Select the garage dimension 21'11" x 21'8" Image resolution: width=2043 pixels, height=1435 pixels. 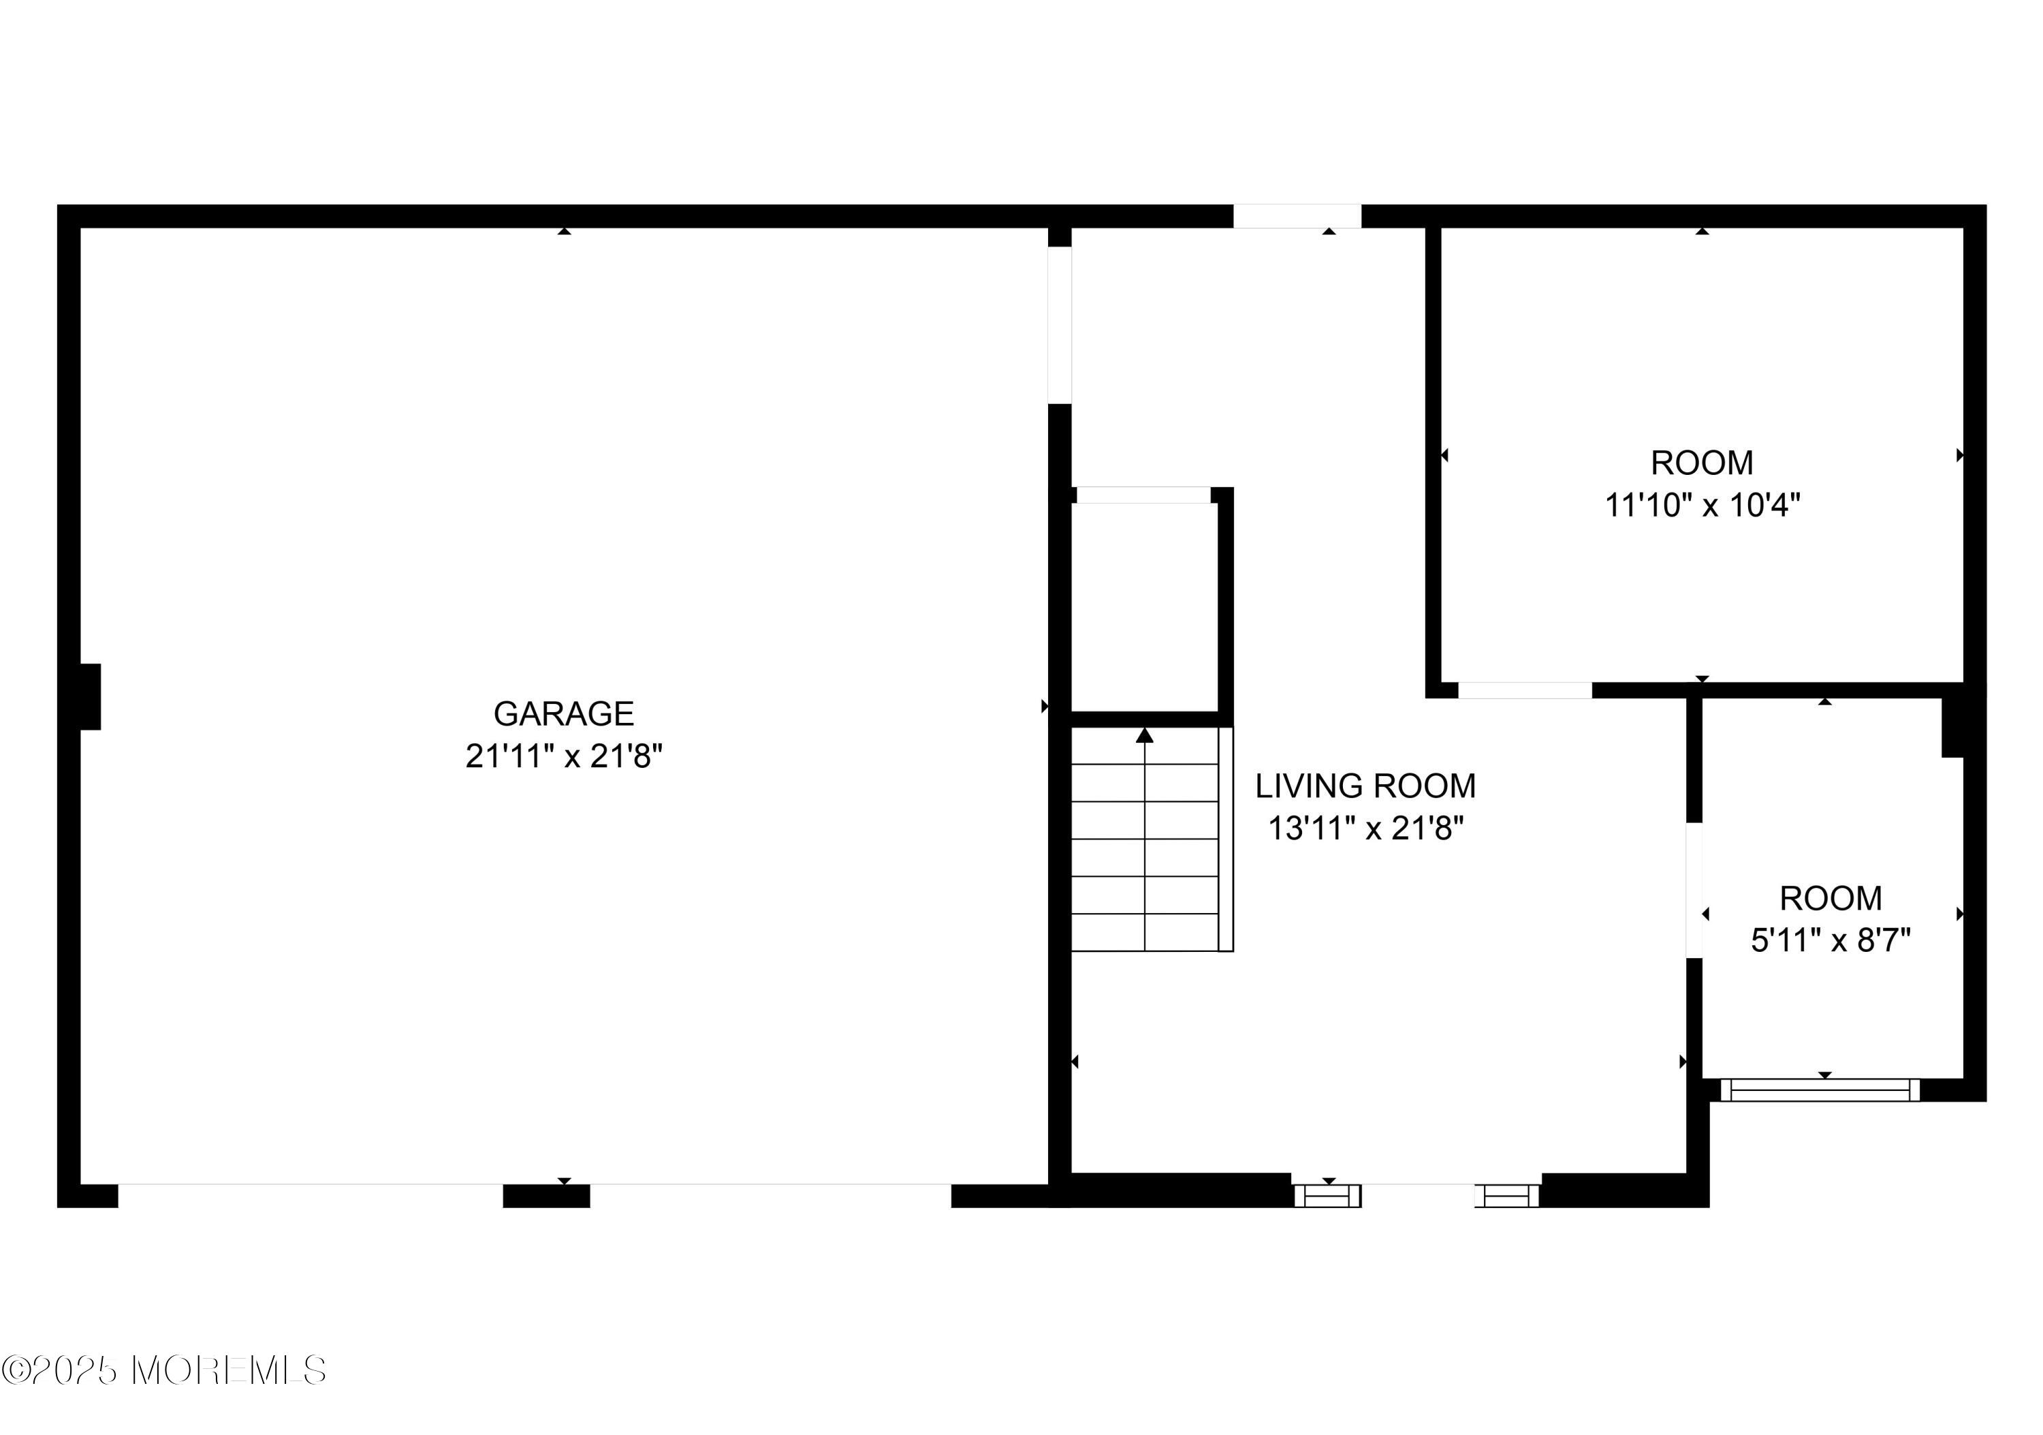click(564, 756)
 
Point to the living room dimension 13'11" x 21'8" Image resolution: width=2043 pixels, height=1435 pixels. click(1366, 829)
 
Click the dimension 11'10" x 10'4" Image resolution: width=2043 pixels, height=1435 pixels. click(1703, 506)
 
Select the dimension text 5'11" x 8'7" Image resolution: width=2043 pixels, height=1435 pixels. click(1831, 940)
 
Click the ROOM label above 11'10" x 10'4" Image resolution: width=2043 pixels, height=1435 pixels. click(1703, 463)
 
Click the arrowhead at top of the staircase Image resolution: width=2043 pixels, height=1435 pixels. click(1144, 735)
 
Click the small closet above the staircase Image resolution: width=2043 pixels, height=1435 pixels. click(1144, 607)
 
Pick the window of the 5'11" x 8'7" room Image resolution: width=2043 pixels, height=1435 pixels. click(1820, 1090)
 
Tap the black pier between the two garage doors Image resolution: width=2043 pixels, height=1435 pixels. click(546, 1196)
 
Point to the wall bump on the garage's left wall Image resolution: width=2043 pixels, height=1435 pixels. click(90, 696)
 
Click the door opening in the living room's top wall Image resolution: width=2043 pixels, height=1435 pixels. click(1297, 216)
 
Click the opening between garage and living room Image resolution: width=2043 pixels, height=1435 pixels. click(1060, 325)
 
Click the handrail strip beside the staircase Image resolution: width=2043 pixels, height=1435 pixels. click(1226, 839)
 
